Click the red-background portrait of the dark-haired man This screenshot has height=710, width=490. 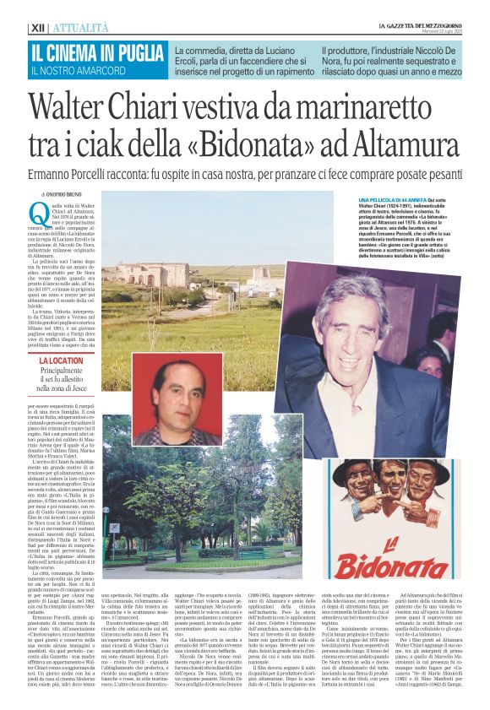pos(178,396)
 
